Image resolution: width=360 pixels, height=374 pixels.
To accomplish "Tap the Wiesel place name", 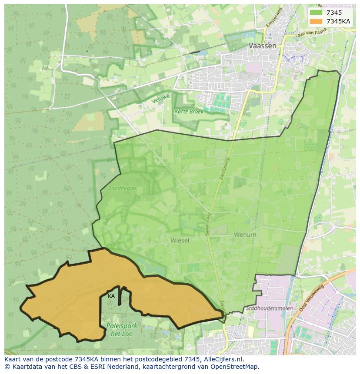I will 180,240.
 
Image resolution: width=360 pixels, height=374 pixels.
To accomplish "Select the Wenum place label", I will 245,235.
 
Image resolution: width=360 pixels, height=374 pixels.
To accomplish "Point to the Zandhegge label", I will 122,188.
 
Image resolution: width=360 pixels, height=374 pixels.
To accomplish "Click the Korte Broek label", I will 189,111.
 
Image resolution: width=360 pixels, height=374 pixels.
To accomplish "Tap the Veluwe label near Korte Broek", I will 160,98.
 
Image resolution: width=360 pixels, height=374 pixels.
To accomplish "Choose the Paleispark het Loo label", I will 115,329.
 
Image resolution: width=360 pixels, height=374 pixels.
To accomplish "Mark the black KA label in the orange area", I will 111,296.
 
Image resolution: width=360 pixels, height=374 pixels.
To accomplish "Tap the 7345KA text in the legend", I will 338,21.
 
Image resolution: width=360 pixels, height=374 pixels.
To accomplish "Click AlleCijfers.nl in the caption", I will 224,359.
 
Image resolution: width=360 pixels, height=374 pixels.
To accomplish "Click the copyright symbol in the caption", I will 7,367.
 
